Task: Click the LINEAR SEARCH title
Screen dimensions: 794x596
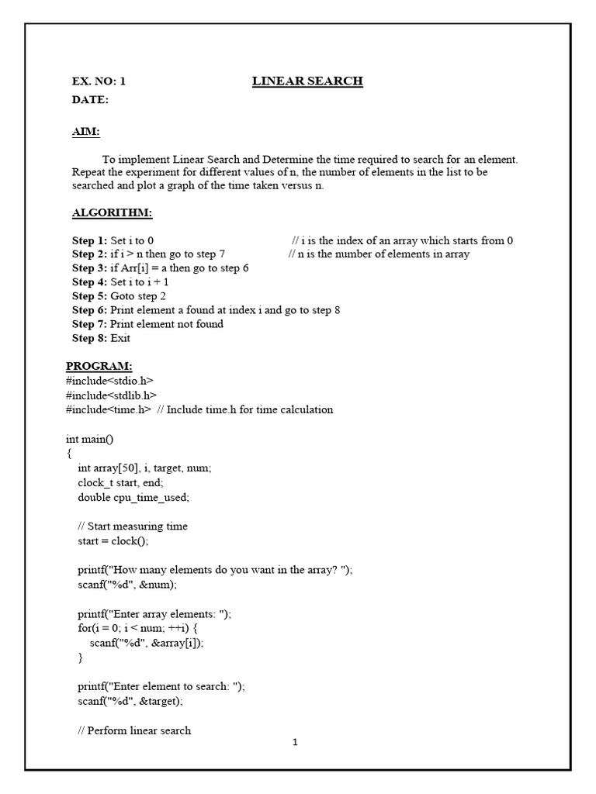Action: coord(307,81)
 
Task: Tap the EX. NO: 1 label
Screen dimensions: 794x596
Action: coord(99,81)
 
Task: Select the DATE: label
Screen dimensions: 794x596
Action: coord(90,100)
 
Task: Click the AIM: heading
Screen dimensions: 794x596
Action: coord(85,132)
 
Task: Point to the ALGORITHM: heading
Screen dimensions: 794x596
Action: coord(112,213)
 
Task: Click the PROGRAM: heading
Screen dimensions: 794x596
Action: coord(99,366)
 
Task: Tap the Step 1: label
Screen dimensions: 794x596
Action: coord(90,241)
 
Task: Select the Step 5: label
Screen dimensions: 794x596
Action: coord(90,296)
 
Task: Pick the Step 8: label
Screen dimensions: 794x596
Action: coord(90,338)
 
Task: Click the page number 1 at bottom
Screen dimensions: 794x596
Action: coord(295,742)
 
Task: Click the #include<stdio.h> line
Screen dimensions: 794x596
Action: coord(109,381)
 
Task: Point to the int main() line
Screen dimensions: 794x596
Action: coord(90,439)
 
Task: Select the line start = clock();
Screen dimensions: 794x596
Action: coord(113,540)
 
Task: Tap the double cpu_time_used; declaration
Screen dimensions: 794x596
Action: coord(133,497)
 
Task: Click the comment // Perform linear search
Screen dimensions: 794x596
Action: coord(134,730)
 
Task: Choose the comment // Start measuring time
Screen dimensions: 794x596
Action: coord(133,526)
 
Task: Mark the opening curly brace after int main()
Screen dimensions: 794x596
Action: coord(69,454)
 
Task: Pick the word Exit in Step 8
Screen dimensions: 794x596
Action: coord(120,338)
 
